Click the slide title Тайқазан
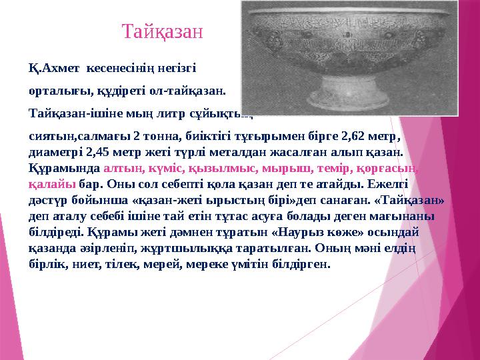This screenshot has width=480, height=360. pos(163,31)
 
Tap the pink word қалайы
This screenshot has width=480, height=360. pos(52,184)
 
